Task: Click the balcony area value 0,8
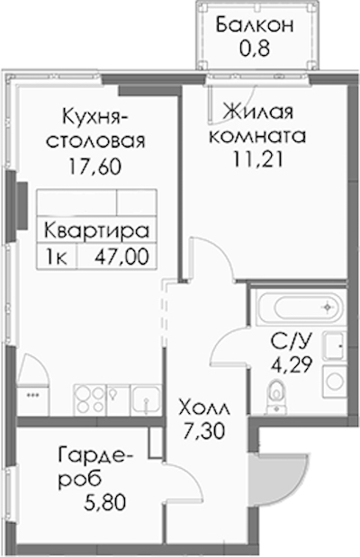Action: pos(255,49)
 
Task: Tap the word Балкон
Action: pos(255,25)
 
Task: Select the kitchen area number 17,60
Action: pos(95,166)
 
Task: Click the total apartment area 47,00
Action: pos(121,256)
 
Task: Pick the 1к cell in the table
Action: pos(56,257)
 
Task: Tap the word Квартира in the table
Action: pos(96,231)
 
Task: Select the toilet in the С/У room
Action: pos(275,395)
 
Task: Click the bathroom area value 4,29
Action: pos(292,364)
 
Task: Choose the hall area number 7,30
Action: pos(204,432)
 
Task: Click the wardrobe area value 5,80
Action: pos(104,503)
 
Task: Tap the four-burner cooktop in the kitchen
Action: pos(90,400)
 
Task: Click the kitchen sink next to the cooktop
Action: pos(146,400)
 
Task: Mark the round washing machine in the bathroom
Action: pos(334,382)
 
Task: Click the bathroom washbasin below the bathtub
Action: pos(334,346)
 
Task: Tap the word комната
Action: pos(257,136)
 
